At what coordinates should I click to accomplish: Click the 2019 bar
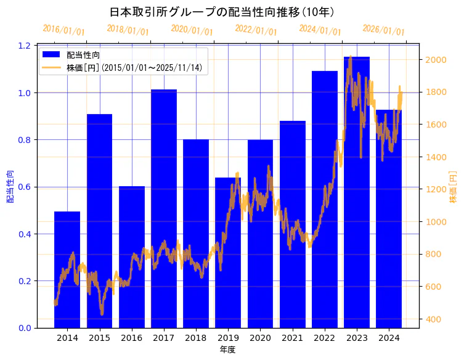[x=228, y=252]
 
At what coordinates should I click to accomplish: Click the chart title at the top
[x=222, y=12]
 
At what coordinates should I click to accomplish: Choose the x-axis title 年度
[x=227, y=350]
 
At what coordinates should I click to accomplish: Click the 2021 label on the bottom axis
[x=292, y=338]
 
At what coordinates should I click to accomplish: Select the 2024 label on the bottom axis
[x=389, y=338]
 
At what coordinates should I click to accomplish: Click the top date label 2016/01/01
[x=63, y=30]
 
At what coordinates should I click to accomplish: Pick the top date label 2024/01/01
[x=320, y=30]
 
